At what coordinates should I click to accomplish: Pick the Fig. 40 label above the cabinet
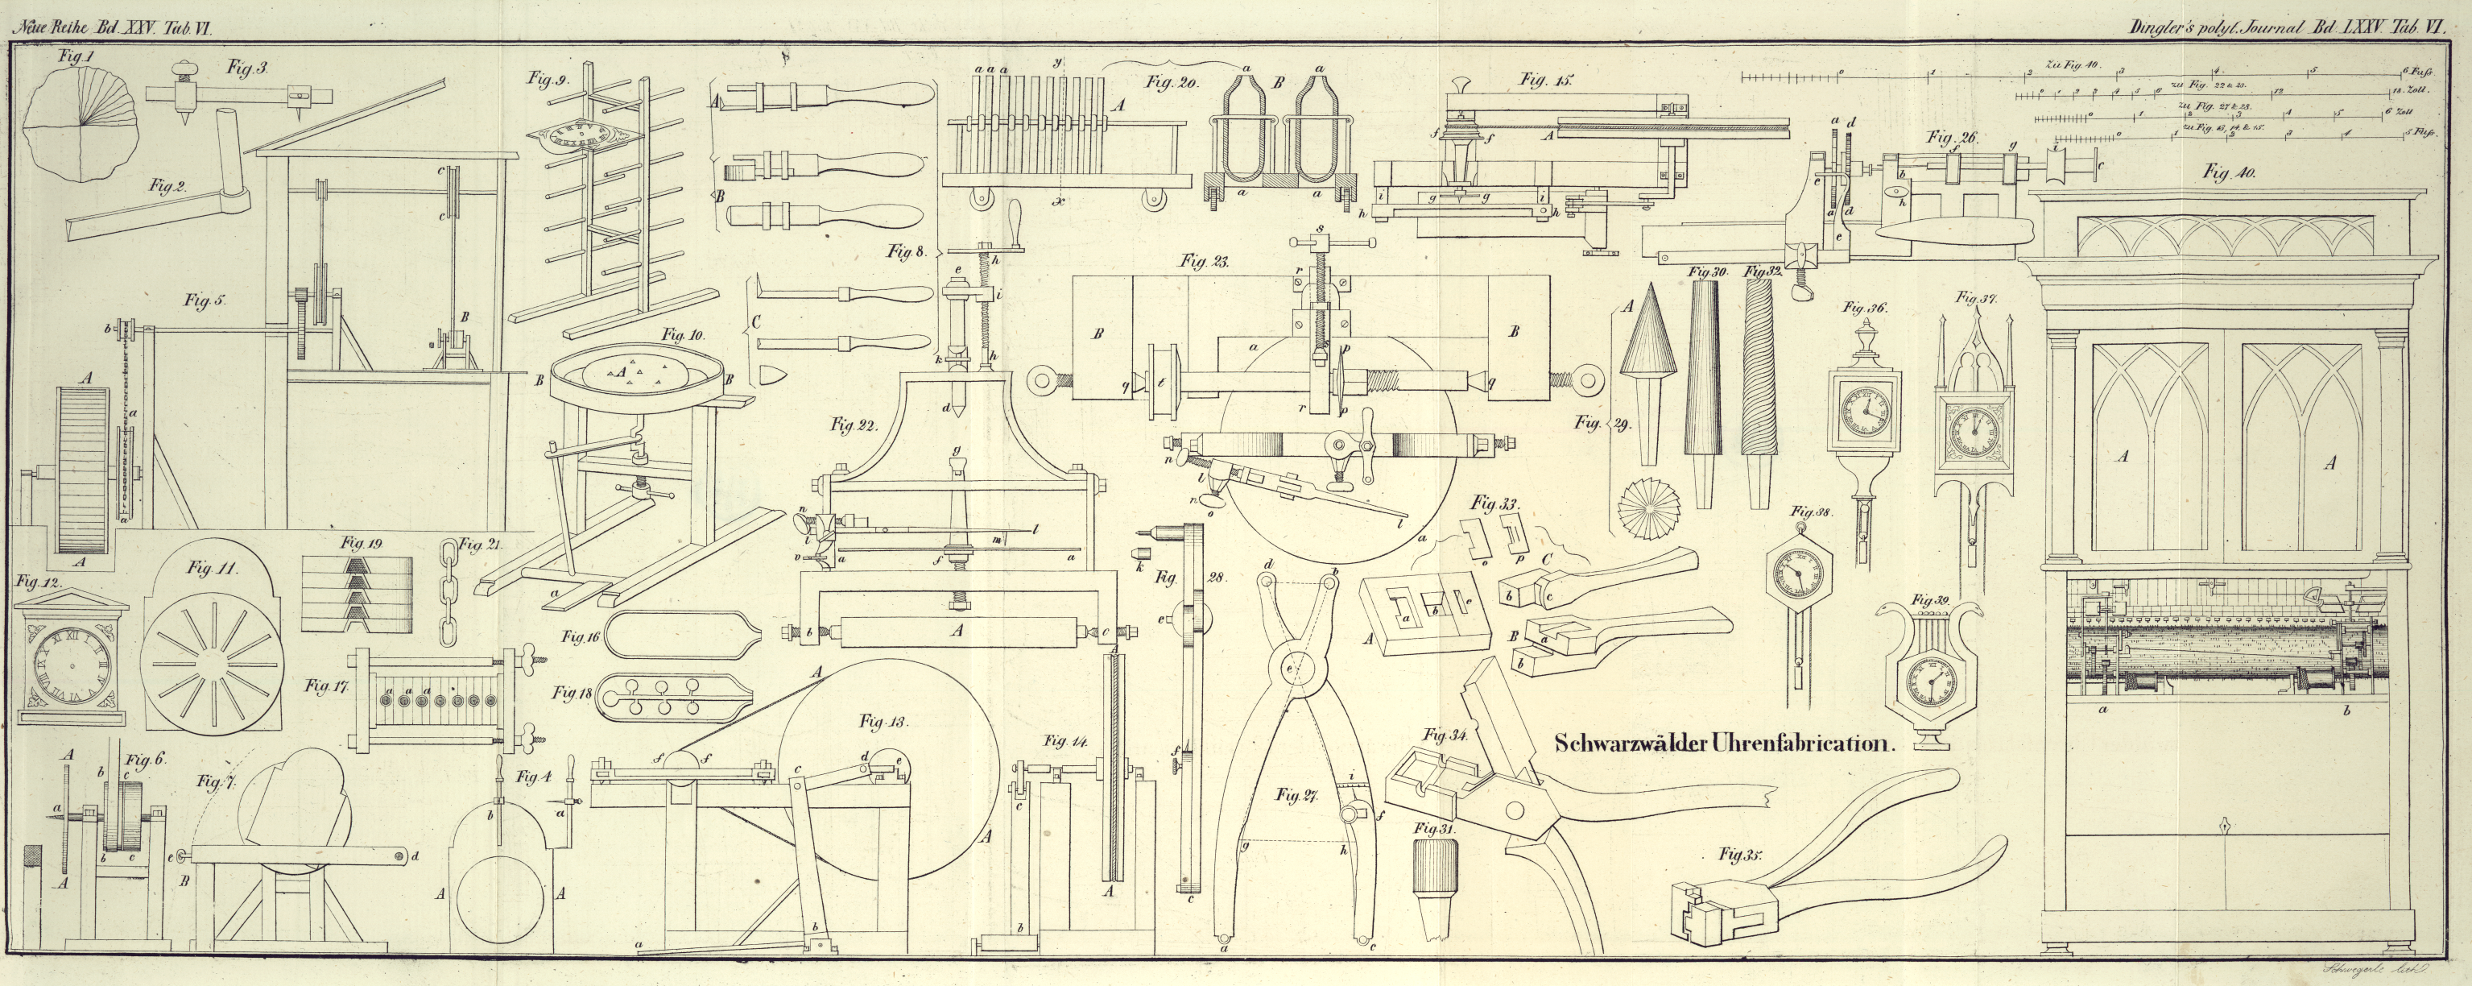pos(2230,173)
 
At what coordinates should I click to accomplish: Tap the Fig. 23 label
pos(1205,260)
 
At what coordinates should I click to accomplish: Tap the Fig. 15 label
pos(1546,81)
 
